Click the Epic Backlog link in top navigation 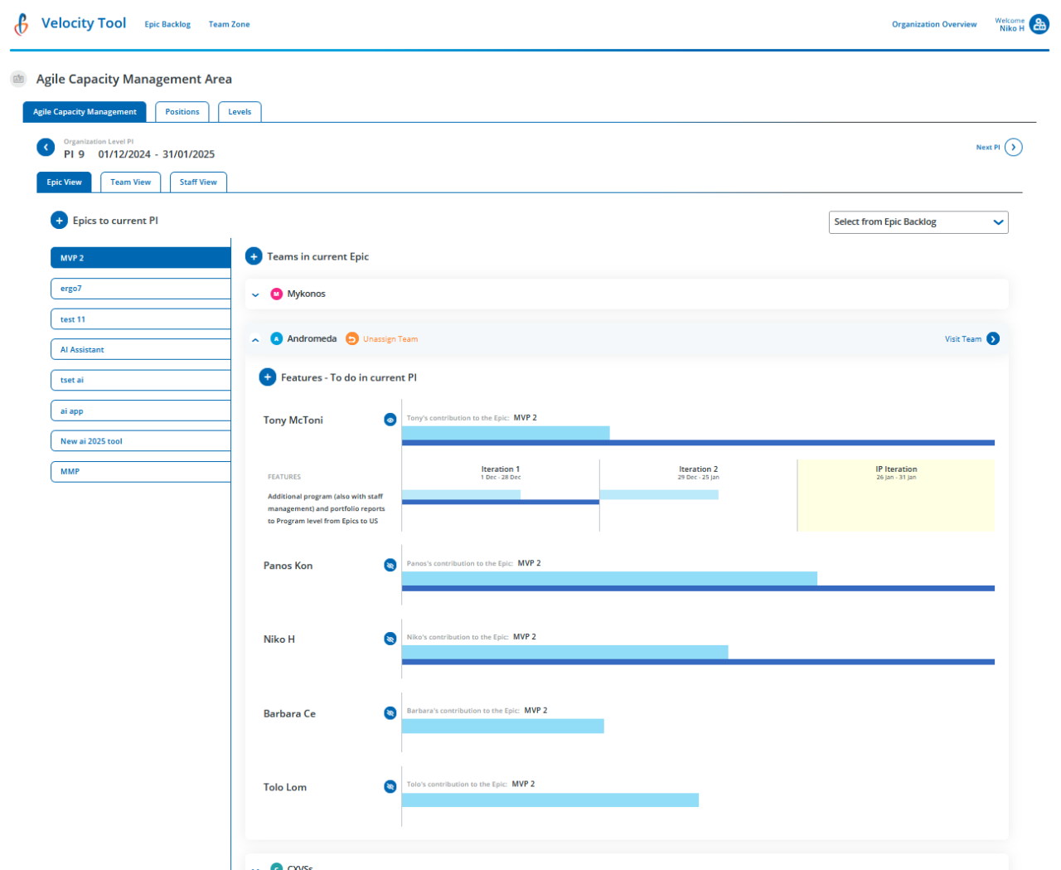coord(167,25)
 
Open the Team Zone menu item coord(229,25)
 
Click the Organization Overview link coord(933,25)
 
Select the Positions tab coord(182,112)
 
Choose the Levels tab coord(240,112)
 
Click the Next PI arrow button coord(1013,148)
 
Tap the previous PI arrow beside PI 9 coord(46,148)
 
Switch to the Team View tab coord(130,182)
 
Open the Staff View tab coord(198,182)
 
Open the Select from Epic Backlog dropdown coord(918,222)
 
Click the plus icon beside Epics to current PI coord(59,221)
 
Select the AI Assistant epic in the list coord(140,350)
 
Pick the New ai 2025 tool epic coord(140,441)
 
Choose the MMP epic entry coord(140,472)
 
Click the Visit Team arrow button coord(993,339)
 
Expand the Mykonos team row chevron coord(255,294)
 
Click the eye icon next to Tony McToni coord(390,420)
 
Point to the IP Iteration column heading coord(896,469)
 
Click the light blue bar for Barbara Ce coord(502,727)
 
